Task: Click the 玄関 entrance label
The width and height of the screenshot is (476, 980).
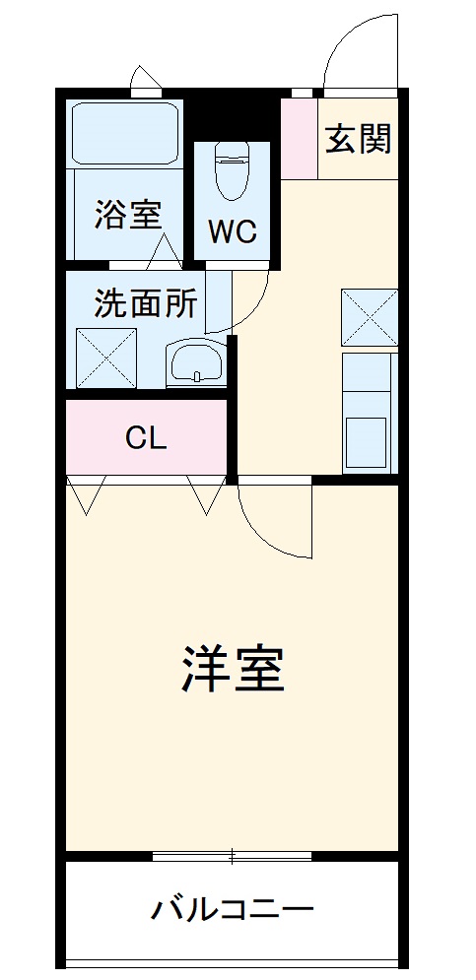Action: pos(358,140)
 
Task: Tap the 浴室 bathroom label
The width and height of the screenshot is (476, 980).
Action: pos(127,215)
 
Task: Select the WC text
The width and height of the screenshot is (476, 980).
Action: pos(232,231)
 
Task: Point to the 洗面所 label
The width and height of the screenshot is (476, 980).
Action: pos(145,303)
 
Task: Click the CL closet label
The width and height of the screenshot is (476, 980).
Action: pos(146,437)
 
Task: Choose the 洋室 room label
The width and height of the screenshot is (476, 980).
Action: pos(233,671)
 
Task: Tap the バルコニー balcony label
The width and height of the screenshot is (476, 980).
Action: pos(232,908)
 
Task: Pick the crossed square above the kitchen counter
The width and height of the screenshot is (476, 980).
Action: pos(370,317)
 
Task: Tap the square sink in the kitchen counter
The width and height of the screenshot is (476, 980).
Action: pos(369,443)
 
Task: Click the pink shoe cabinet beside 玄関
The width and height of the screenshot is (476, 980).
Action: pos(299,138)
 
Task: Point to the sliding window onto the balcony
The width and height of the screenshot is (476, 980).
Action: pos(233,855)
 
